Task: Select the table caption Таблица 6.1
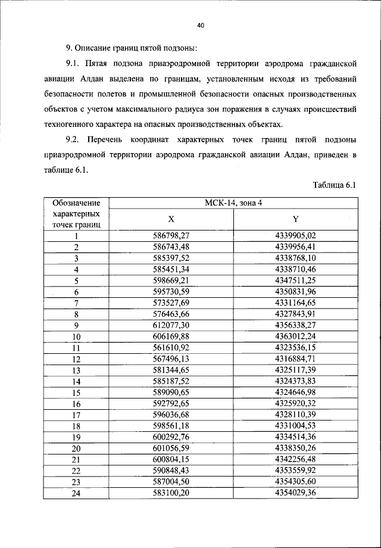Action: click(333, 185)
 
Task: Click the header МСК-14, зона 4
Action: click(233, 203)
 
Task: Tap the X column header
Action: click(171, 219)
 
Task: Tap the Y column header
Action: click(295, 219)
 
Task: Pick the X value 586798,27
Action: click(171, 236)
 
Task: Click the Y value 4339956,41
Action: click(295, 247)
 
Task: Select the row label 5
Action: click(76, 281)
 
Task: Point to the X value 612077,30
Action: click(171, 325)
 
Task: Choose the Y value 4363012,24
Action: click(295, 337)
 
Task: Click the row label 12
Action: click(76, 359)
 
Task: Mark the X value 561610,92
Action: click(171, 348)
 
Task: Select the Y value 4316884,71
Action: click(295, 359)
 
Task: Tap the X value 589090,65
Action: click(171, 393)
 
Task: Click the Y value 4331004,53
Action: click(295, 426)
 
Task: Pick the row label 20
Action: click(76, 449)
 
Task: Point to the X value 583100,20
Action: click(171, 493)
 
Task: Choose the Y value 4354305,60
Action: click(295, 482)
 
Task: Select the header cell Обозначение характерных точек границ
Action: click(76, 214)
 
